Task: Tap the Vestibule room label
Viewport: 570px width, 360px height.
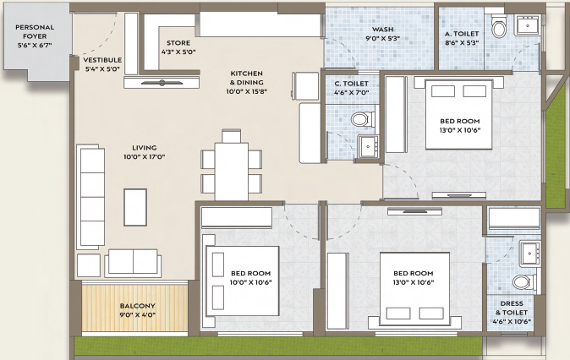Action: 102,60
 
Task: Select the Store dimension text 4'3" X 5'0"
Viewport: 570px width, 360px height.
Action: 178,52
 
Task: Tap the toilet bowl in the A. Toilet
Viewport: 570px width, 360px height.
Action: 500,26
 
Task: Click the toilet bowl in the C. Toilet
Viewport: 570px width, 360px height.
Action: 363,119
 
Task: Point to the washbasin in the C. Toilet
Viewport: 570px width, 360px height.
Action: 368,146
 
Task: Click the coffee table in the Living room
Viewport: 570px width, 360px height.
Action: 135,207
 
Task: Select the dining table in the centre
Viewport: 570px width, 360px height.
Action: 232,172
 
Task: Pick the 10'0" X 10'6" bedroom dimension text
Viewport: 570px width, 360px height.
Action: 250,282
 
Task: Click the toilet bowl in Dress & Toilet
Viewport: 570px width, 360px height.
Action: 524,282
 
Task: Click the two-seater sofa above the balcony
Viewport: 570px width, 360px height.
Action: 133,263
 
